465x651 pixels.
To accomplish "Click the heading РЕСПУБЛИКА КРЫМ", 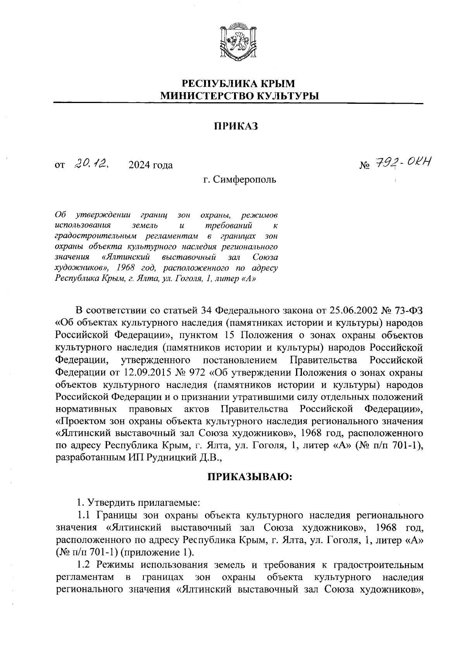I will coord(238,84).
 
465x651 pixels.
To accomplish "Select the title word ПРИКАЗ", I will coord(236,126).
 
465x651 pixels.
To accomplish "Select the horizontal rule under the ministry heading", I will coord(238,103).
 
